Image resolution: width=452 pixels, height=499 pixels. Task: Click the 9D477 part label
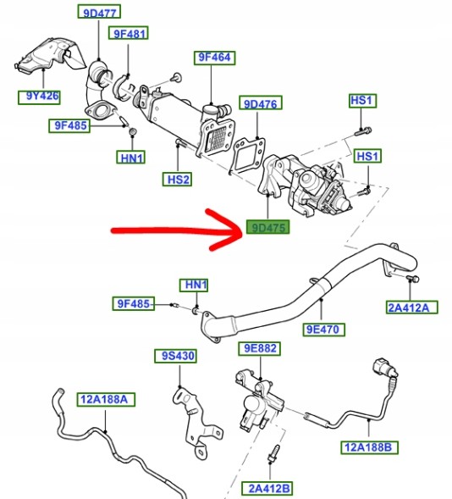click(x=99, y=12)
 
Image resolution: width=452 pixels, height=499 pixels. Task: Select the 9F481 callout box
click(x=129, y=33)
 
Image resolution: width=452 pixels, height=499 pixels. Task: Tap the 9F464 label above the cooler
click(x=214, y=58)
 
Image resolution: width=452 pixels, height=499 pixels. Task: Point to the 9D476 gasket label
click(x=261, y=103)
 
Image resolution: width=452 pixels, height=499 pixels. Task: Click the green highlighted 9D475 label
click(x=268, y=228)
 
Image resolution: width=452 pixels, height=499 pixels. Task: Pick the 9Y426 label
click(x=39, y=97)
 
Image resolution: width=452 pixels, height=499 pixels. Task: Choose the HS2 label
click(x=178, y=180)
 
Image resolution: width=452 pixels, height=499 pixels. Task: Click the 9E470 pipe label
click(x=323, y=329)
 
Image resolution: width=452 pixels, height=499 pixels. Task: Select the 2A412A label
click(x=412, y=307)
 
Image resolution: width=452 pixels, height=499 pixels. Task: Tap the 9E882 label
click(x=260, y=348)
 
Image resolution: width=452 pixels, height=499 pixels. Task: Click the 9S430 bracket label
click(x=175, y=356)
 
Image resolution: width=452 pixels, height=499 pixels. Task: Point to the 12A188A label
click(x=106, y=399)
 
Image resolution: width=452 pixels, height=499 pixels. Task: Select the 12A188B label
click(x=369, y=447)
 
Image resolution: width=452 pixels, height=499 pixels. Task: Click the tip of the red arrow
click(x=242, y=230)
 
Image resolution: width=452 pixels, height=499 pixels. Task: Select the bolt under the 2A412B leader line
click(x=273, y=453)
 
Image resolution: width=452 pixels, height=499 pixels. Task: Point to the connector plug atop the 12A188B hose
click(x=385, y=368)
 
